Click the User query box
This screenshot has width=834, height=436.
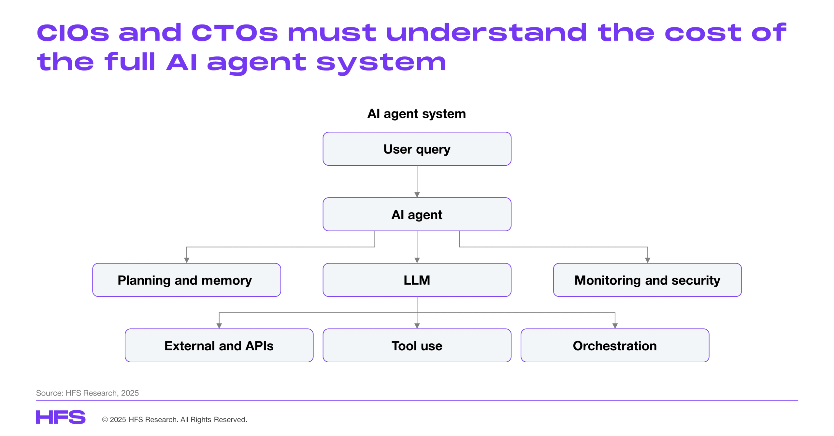point(417,149)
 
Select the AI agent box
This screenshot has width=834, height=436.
point(417,214)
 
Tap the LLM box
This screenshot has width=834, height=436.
point(417,280)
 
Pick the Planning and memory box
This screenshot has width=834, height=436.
point(186,280)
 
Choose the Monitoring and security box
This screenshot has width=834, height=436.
point(647,280)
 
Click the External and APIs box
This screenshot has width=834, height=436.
point(219,345)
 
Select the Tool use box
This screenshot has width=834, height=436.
point(417,345)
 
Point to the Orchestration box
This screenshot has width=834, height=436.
point(615,345)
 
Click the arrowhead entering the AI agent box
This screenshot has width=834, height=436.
point(417,195)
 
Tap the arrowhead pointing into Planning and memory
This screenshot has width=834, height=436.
point(186,260)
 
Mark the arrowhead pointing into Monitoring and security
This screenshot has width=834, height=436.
point(647,260)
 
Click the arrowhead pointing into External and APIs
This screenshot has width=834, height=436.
point(219,326)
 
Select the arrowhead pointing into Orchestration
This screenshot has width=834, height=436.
point(615,326)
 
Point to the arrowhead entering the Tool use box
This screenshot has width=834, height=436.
point(417,326)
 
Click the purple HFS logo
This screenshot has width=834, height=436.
point(61,417)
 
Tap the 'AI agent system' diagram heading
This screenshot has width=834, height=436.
point(416,114)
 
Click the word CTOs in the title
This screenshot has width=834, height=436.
point(235,33)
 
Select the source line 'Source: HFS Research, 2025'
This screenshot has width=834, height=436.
point(87,393)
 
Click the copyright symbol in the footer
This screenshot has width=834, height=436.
point(105,420)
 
